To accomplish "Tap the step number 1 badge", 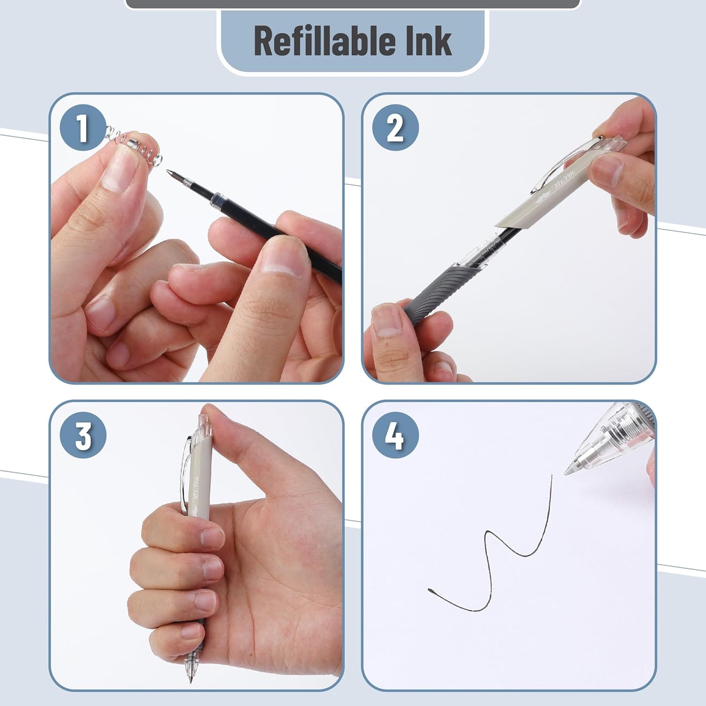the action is (x=83, y=128).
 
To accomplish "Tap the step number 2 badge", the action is (x=395, y=128).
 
